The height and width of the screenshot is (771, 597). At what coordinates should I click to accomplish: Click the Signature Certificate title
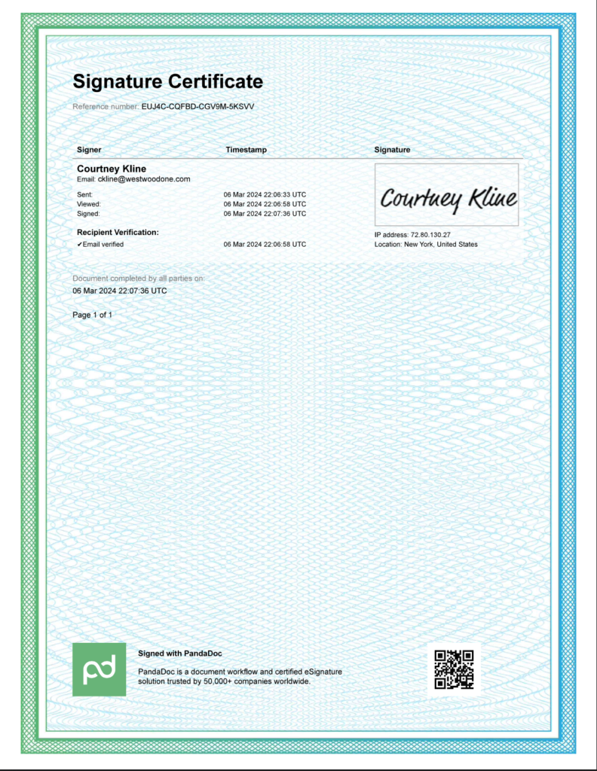pyautogui.click(x=167, y=81)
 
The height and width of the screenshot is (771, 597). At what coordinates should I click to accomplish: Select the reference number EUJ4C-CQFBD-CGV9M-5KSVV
pyautogui.click(x=197, y=107)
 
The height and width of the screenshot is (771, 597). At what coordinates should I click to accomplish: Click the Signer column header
pyautogui.click(x=89, y=150)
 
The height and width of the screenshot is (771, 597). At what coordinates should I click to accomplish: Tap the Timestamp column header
pyautogui.click(x=246, y=150)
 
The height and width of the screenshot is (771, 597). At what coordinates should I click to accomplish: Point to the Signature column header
pyautogui.click(x=392, y=150)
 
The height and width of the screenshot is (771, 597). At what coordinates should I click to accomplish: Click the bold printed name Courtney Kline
pyautogui.click(x=112, y=169)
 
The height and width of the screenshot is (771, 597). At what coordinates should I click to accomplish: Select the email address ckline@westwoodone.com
pyautogui.click(x=143, y=179)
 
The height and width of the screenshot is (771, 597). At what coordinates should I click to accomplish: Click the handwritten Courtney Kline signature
pyautogui.click(x=448, y=197)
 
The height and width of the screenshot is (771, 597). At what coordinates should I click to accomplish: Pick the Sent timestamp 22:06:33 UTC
pyautogui.click(x=265, y=194)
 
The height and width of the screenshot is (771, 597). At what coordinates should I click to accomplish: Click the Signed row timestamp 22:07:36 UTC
pyautogui.click(x=265, y=213)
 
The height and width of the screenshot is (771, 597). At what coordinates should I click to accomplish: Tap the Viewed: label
pyautogui.click(x=89, y=204)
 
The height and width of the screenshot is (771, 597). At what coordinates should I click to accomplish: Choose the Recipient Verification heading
pyautogui.click(x=118, y=232)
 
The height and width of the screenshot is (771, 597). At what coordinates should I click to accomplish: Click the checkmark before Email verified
pyautogui.click(x=80, y=244)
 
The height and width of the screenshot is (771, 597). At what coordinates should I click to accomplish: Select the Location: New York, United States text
pyautogui.click(x=425, y=244)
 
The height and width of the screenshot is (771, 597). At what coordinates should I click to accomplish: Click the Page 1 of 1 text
pyautogui.click(x=92, y=315)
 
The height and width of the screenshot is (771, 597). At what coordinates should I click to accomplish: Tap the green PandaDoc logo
pyautogui.click(x=99, y=669)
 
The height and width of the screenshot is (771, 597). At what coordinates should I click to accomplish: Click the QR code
pyautogui.click(x=454, y=669)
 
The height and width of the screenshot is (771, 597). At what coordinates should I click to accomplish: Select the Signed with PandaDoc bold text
pyautogui.click(x=179, y=654)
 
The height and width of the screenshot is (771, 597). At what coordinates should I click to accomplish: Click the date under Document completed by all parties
pyautogui.click(x=119, y=290)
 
